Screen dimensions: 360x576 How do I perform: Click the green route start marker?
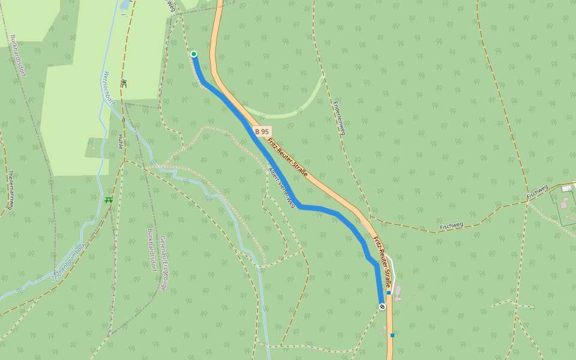(194, 54)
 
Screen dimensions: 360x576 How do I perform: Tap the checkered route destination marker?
(382, 307)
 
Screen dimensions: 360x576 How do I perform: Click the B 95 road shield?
(262, 131)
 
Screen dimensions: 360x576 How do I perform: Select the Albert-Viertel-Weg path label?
(281, 187)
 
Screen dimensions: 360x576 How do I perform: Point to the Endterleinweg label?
(340, 118)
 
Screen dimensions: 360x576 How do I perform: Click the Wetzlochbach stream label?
(109, 88)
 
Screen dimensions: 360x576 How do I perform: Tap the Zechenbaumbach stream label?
(69, 262)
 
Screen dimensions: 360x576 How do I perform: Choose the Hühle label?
(120, 141)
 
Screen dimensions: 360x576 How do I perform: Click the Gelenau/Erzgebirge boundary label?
(163, 263)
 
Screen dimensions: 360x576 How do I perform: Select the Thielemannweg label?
(11, 190)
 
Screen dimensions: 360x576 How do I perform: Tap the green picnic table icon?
(108, 200)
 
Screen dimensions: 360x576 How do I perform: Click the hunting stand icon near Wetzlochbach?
(124, 83)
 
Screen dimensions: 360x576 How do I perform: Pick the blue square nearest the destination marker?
(389, 293)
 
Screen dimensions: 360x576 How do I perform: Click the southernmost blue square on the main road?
(392, 335)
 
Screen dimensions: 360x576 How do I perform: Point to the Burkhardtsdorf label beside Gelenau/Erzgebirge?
(151, 249)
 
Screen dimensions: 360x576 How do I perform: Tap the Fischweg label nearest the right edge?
(538, 192)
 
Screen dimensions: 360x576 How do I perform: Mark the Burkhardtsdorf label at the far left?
(14, 56)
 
